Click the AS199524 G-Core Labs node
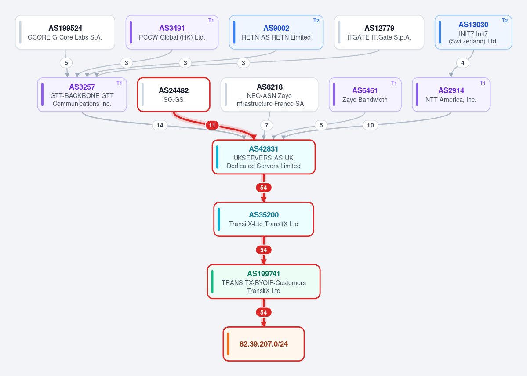tap(65, 32)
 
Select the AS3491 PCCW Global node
tap(172, 32)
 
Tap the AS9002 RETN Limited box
tap(276, 32)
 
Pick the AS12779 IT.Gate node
tap(379, 32)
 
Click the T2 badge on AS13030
tap(505, 21)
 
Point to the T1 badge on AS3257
tap(119, 83)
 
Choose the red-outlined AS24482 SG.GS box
tap(174, 95)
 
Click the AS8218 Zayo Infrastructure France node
tap(269, 95)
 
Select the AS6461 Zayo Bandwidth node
tap(365, 95)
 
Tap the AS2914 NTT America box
tap(451, 95)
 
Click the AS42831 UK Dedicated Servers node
tap(264, 157)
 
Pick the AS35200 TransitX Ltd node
tap(264, 219)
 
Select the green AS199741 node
tap(264, 282)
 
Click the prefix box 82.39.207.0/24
tap(264, 344)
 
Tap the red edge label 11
tap(212, 125)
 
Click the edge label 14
tap(160, 125)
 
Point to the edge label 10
tap(371, 125)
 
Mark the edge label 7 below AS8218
tap(267, 125)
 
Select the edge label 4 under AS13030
tap(463, 63)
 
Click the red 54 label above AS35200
tap(264, 188)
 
